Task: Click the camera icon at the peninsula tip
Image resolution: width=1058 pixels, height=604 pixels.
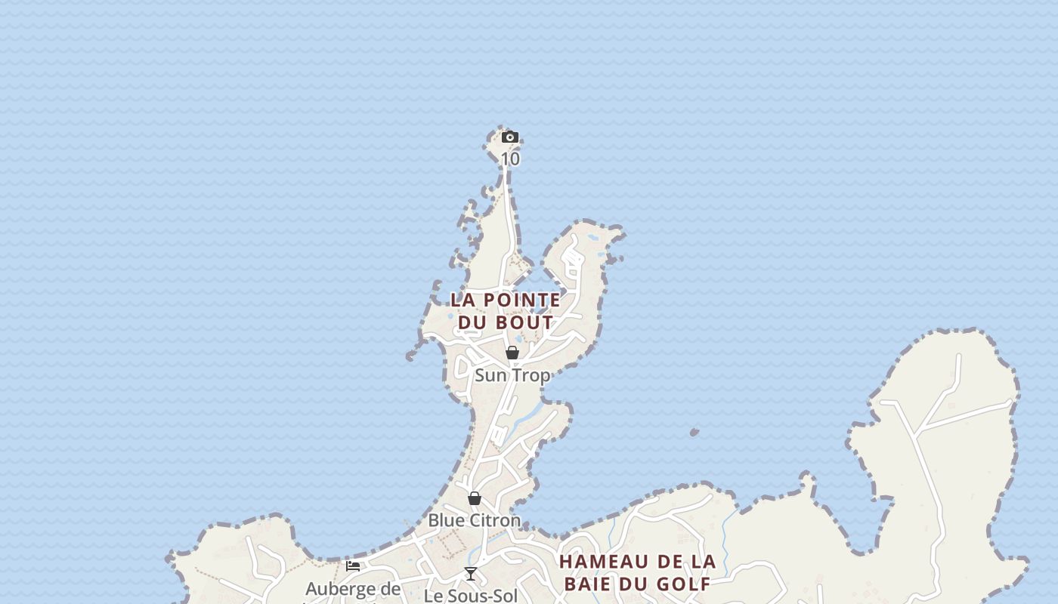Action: coord(510,137)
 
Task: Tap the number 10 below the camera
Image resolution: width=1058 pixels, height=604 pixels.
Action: coord(510,159)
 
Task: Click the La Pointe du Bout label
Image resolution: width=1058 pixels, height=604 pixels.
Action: coord(506,311)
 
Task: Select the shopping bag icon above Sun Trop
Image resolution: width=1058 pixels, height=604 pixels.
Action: coord(512,353)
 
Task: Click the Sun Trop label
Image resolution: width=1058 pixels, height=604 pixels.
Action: coord(512,375)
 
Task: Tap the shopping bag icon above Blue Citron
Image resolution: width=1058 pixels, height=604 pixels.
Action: coord(475,498)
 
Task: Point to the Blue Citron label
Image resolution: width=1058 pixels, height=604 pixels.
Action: coord(475,520)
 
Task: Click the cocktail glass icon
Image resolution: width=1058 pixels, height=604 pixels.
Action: coord(471,574)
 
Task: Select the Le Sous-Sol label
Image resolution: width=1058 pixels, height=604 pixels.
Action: coord(471,596)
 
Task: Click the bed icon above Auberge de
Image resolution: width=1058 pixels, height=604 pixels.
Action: coord(353,566)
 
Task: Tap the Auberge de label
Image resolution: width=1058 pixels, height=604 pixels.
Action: coord(353,589)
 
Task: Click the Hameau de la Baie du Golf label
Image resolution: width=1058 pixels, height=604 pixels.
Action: coord(637,573)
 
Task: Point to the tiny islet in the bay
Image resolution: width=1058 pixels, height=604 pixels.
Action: coord(694,433)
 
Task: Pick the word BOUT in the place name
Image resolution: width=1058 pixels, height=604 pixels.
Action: coord(526,322)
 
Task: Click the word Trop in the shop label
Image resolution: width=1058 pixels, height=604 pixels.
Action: coord(532,375)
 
